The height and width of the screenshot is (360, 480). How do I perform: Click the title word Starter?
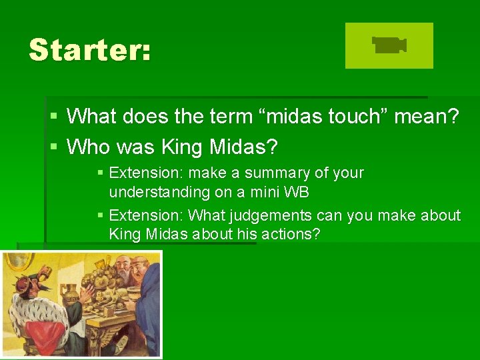(89, 50)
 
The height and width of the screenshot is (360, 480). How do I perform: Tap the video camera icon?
(389, 45)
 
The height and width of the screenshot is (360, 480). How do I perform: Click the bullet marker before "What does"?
(53, 117)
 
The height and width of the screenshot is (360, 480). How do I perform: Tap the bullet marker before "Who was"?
(53, 145)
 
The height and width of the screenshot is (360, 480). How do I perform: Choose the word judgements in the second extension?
(266, 215)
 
